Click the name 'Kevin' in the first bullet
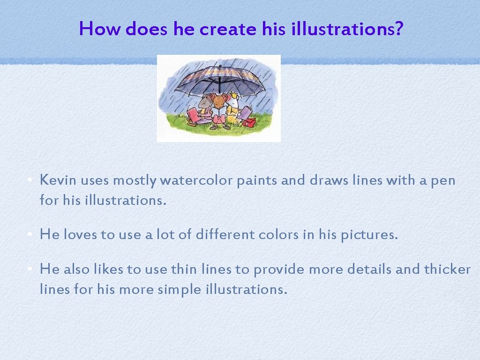click(x=58, y=180)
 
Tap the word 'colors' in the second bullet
click(x=277, y=234)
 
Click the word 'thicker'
click(x=447, y=270)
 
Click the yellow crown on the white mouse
click(x=234, y=95)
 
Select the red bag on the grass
click(x=249, y=122)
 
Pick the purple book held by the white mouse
click(x=245, y=112)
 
